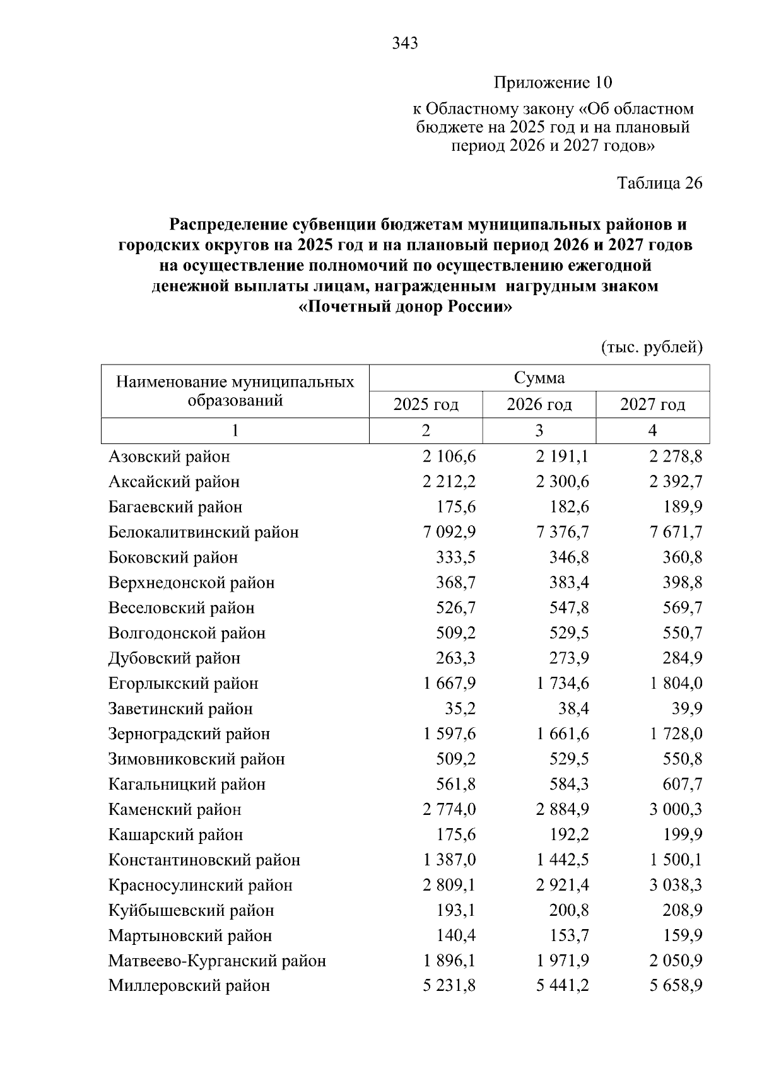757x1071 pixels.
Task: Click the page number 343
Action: pyautogui.click(x=405, y=44)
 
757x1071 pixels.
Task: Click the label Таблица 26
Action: pyautogui.click(x=659, y=183)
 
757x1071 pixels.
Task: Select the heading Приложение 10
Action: pyautogui.click(x=553, y=83)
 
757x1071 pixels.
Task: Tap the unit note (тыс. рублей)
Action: pyautogui.click(x=652, y=347)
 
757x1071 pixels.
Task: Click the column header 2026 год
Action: pyautogui.click(x=539, y=404)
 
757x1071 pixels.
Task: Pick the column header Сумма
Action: pyautogui.click(x=539, y=378)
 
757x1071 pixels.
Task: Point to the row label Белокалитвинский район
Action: pyautogui.click(x=203, y=532)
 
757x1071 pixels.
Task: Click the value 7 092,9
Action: pyautogui.click(x=449, y=532)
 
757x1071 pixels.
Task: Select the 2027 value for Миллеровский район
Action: pyautogui.click(x=676, y=986)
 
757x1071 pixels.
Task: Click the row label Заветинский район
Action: pyautogui.click(x=180, y=709)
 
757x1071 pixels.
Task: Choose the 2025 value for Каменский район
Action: pyautogui.click(x=449, y=810)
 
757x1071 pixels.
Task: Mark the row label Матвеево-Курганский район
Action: pyautogui.click(x=217, y=961)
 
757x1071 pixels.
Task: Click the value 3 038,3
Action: pyautogui.click(x=676, y=886)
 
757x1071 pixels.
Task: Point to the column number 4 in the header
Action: pyautogui.click(x=652, y=431)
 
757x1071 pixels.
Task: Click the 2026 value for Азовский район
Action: pyautogui.click(x=562, y=457)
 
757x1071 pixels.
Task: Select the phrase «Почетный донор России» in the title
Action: pyautogui.click(x=404, y=308)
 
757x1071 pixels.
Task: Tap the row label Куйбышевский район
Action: pyautogui.click(x=191, y=911)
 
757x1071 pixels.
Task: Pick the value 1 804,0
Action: pyautogui.click(x=676, y=684)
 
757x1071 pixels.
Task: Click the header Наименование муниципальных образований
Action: pyautogui.click(x=235, y=391)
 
